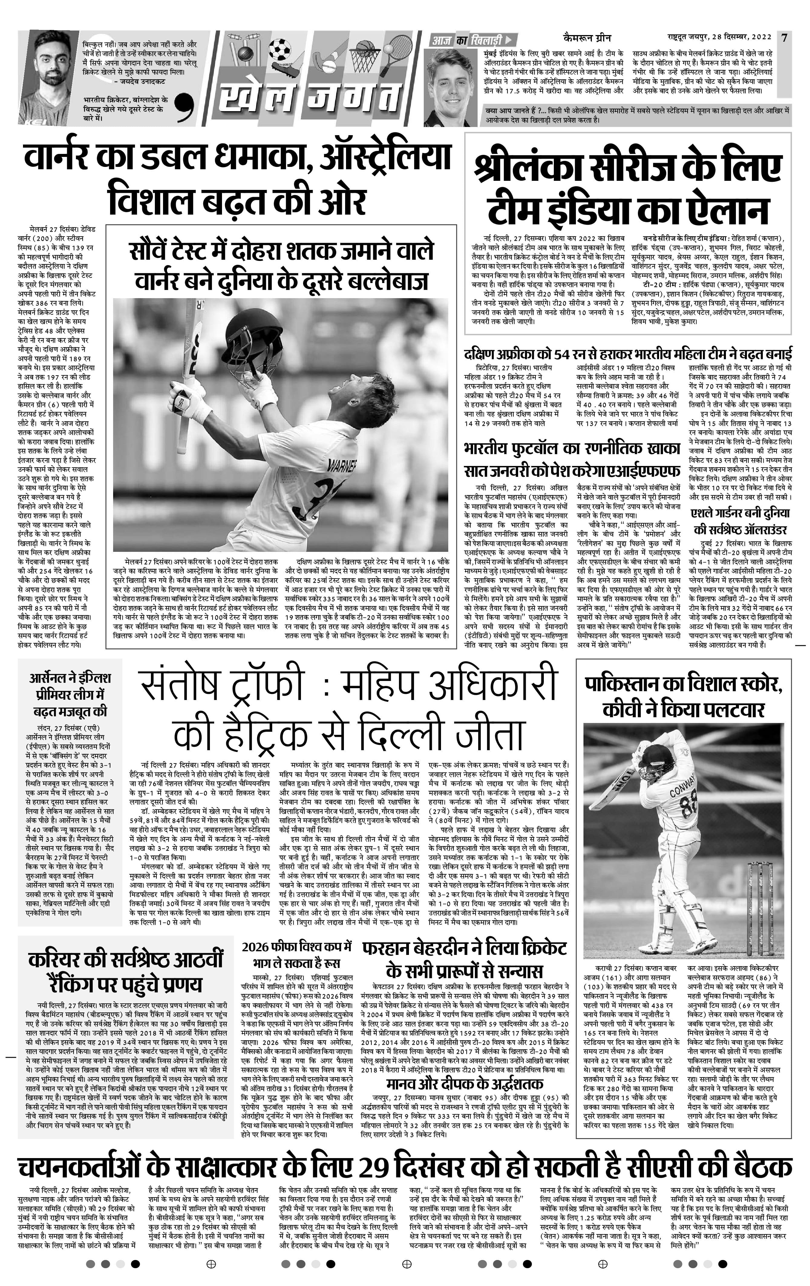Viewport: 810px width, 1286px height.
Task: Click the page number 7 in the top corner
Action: pyautogui.click(x=784, y=38)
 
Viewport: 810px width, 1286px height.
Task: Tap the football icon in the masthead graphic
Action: pyautogui.click(x=279, y=49)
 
